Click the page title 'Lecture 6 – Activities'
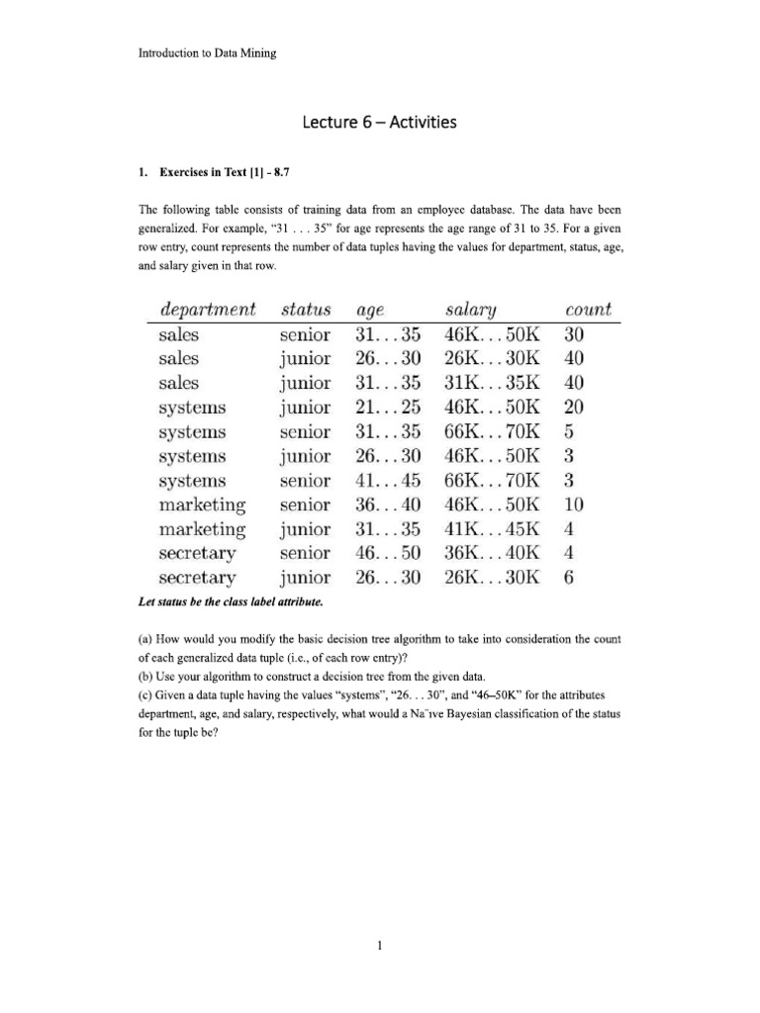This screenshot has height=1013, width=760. [379, 123]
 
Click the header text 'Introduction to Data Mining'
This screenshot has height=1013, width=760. [207, 52]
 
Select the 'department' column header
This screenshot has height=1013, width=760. [207, 309]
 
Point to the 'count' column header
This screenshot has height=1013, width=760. [588, 309]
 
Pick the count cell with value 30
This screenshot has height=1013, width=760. [575, 334]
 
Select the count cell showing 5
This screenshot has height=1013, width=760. [569, 431]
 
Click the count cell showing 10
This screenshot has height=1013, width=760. [575, 505]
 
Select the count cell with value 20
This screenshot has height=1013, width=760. [575, 408]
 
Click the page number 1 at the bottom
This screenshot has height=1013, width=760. [380, 945]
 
